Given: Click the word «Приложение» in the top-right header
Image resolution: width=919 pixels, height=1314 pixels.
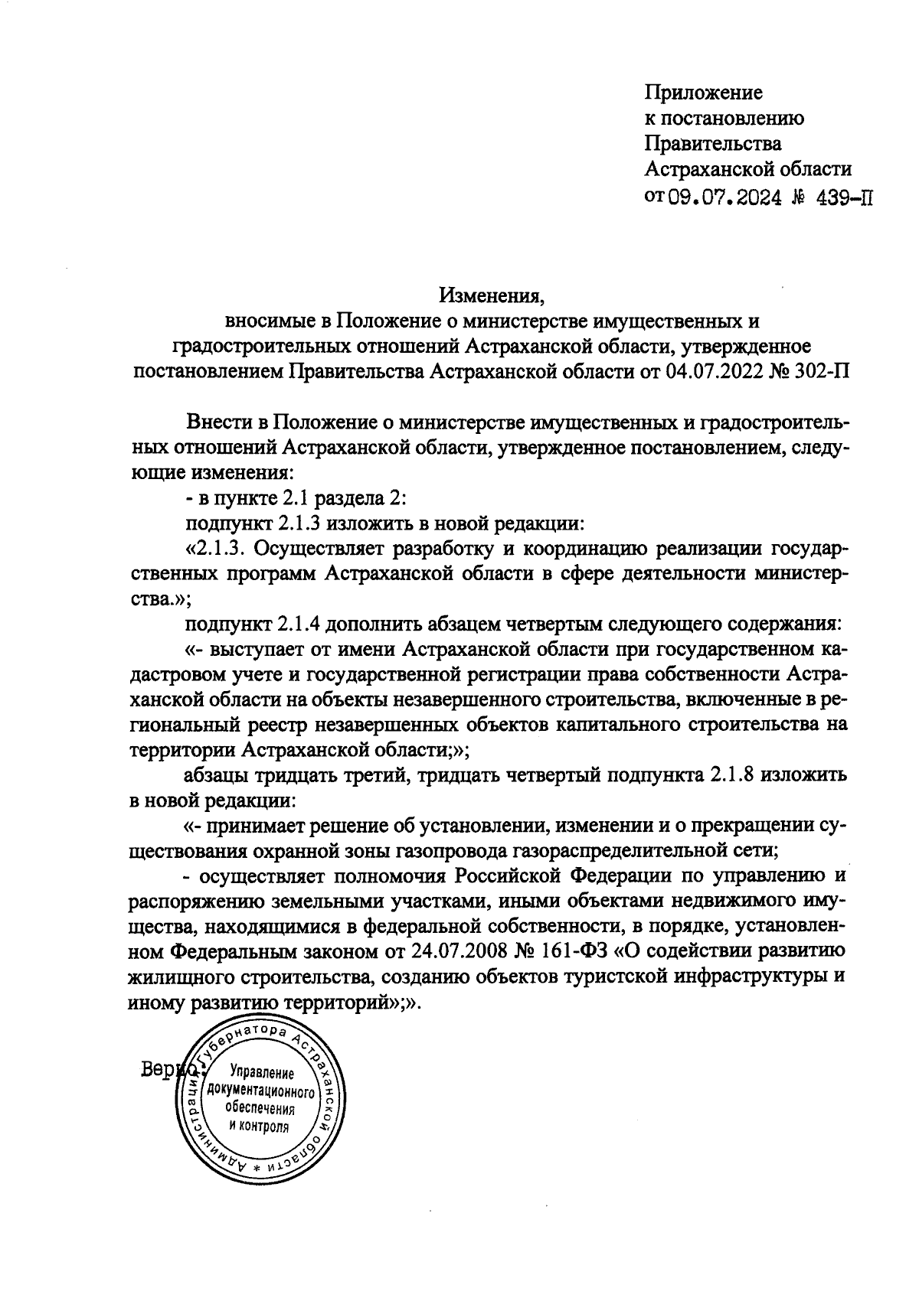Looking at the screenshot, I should pyautogui.click(x=703, y=93).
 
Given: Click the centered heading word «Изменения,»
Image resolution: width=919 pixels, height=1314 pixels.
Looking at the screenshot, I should pyautogui.click(x=491, y=295).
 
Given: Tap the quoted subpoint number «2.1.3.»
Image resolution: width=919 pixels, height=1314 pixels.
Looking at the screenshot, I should pyautogui.click(x=219, y=549).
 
